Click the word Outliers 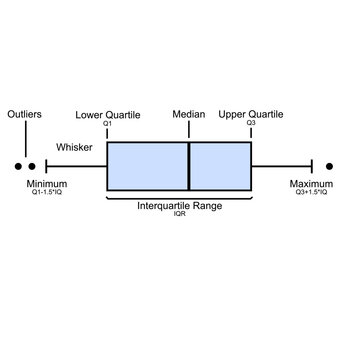click(x=24, y=115)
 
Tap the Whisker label click(x=75, y=147)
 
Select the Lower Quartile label click(x=107, y=115)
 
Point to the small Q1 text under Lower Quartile click(x=107, y=124)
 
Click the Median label click(x=188, y=115)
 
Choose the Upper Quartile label click(x=251, y=115)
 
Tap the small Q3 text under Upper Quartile click(x=251, y=124)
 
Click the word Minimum click(x=47, y=184)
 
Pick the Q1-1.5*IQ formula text click(x=47, y=192)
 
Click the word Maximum click(x=311, y=184)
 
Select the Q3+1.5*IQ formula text click(x=311, y=192)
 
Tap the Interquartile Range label click(x=179, y=205)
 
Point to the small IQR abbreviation click(x=180, y=214)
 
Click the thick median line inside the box click(x=189, y=166)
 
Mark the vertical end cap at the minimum click(x=46, y=166)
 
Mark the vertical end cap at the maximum click(x=313, y=166)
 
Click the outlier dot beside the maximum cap click(x=330, y=166)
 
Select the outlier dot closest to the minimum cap click(x=32, y=166)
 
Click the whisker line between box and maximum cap click(x=282, y=166)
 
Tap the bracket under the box click(x=179, y=197)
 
